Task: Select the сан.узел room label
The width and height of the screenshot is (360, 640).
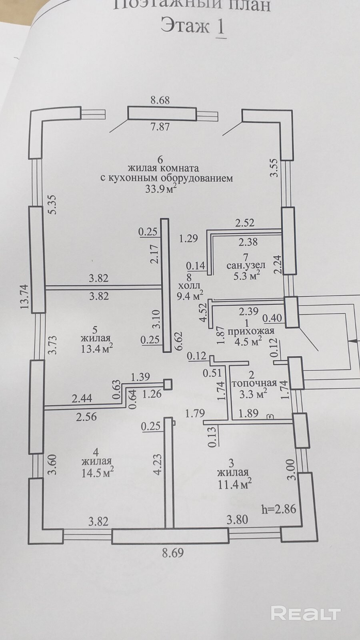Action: click(246, 265)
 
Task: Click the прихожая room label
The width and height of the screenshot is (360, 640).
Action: click(250, 331)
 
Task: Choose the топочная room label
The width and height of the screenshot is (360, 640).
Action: click(254, 383)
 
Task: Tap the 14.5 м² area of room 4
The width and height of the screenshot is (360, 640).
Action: click(98, 472)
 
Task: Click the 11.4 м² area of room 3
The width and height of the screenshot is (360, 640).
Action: click(235, 484)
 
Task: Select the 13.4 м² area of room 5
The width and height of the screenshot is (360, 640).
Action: click(96, 349)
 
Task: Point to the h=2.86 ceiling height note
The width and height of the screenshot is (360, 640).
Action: click(279, 509)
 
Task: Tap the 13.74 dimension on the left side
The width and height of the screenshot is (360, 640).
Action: click(25, 296)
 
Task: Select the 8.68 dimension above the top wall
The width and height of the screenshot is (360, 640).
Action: click(160, 100)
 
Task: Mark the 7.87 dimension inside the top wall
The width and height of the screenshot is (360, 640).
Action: click(160, 126)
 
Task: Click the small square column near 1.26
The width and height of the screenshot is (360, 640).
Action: click(168, 384)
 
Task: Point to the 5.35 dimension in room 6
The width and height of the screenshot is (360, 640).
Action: click(53, 204)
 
